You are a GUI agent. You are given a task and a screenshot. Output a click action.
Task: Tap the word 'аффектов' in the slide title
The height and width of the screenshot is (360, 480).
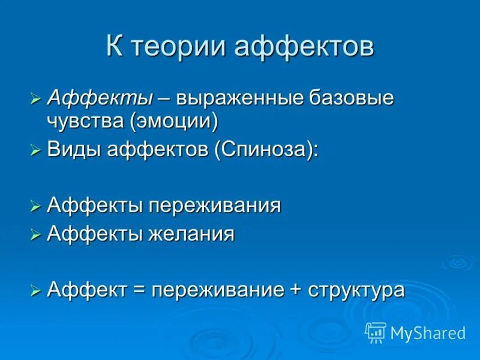click(x=304, y=47)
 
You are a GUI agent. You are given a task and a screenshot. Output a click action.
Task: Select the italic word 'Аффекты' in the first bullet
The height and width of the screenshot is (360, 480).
click(x=100, y=98)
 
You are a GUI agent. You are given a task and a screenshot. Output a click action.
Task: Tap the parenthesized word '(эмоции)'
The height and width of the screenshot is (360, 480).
click(x=172, y=121)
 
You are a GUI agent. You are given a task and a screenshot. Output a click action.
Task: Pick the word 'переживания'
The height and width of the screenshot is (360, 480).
click(x=215, y=206)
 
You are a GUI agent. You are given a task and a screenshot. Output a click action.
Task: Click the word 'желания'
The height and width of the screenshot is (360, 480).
click(x=192, y=233)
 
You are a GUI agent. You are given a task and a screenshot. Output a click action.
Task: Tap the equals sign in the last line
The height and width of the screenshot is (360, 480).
click(x=139, y=290)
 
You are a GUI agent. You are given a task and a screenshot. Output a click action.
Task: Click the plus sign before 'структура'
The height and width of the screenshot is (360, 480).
click(x=294, y=290)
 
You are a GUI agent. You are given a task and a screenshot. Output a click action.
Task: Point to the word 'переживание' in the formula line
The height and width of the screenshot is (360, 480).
click(x=217, y=290)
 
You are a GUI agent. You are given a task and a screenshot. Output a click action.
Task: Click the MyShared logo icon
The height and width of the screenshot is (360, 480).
click(x=376, y=332)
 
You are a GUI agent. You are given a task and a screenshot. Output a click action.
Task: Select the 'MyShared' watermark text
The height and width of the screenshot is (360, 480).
click(x=428, y=332)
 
